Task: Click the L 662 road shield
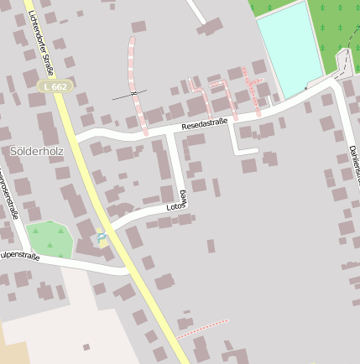tap(55, 86)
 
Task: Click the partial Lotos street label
tap(177, 201)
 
